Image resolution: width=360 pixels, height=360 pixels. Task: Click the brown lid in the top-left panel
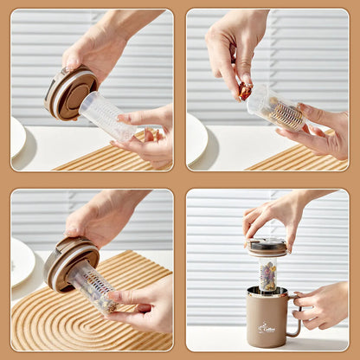click(x=69, y=93)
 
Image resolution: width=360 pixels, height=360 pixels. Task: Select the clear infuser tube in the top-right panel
click(x=275, y=109)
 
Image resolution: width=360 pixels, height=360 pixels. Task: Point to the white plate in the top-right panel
click(x=196, y=138)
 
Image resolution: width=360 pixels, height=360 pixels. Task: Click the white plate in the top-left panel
click(x=18, y=138)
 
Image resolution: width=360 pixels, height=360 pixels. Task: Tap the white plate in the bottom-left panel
click(x=22, y=262)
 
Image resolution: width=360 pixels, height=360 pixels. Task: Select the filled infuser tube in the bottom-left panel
click(x=93, y=286)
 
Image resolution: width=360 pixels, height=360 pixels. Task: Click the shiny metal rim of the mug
click(x=267, y=292)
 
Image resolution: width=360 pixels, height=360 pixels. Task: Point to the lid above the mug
click(x=267, y=247)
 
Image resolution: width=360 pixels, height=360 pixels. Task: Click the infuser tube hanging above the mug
click(x=267, y=274)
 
